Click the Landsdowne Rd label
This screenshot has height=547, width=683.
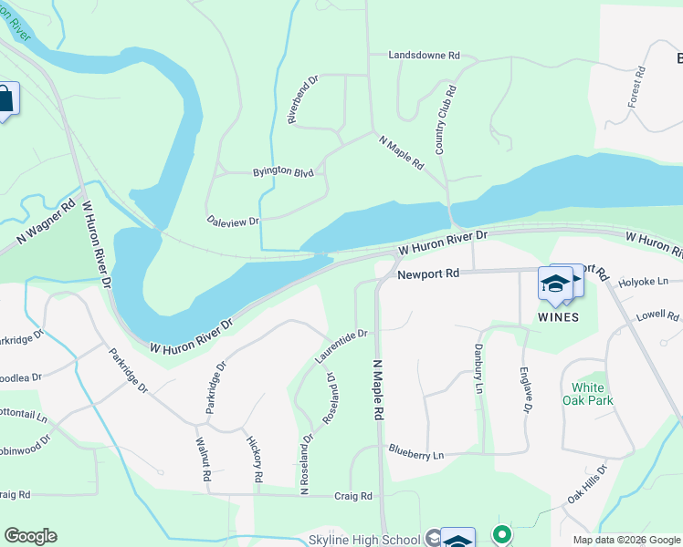click(x=424, y=56)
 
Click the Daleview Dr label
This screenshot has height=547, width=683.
click(x=234, y=221)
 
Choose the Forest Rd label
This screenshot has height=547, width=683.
click(x=636, y=87)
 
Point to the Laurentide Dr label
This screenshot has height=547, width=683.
click(x=341, y=347)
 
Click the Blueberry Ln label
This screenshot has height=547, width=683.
click(x=415, y=454)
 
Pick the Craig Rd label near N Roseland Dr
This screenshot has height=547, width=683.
click(x=352, y=496)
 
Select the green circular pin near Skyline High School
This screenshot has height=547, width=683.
click(x=500, y=535)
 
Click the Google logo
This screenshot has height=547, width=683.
click(x=30, y=536)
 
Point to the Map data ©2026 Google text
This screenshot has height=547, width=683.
click(x=625, y=540)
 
